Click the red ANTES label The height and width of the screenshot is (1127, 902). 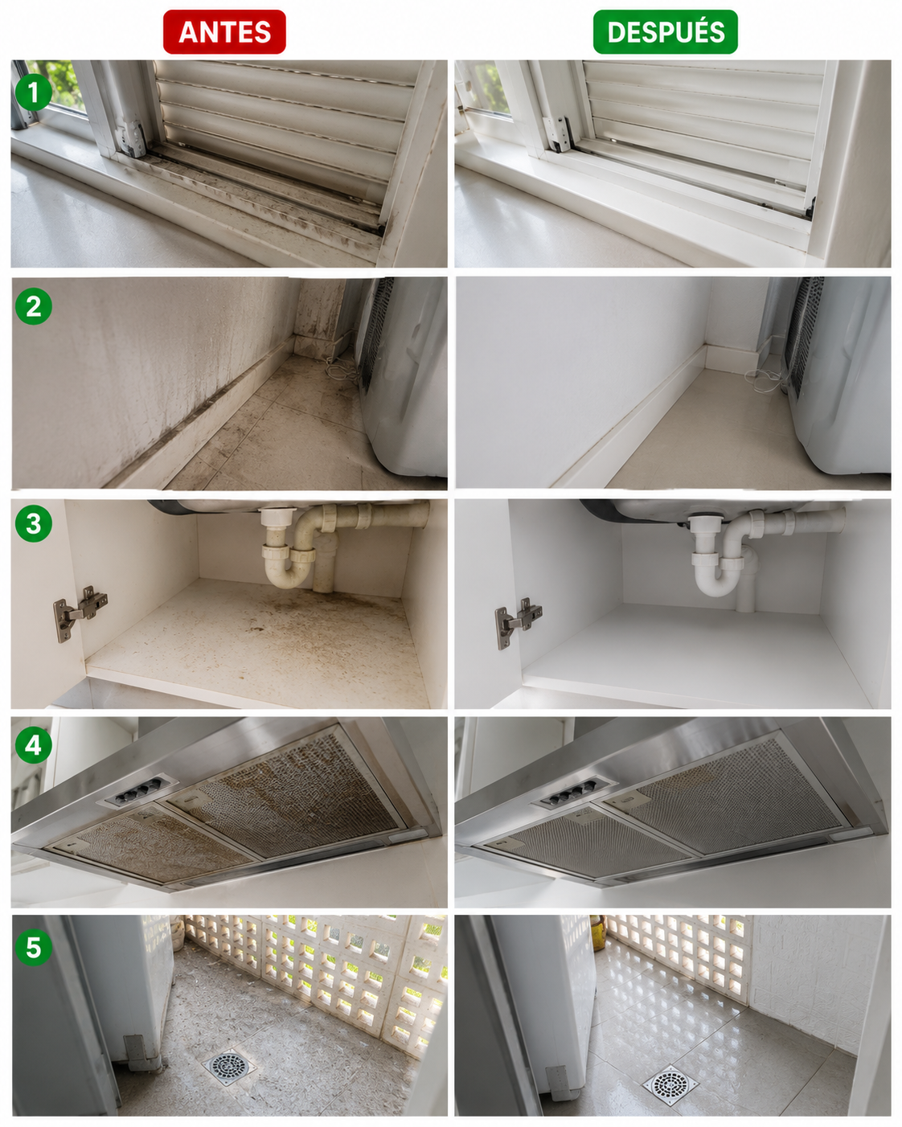(x=224, y=32)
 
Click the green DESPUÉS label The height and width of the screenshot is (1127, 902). (x=665, y=32)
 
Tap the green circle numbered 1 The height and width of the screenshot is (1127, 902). (x=34, y=92)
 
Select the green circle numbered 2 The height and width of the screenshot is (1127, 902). (x=34, y=306)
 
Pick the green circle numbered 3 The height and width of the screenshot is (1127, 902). (x=34, y=523)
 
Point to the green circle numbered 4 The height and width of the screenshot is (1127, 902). (x=34, y=744)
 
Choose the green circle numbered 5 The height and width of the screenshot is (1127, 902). (x=34, y=948)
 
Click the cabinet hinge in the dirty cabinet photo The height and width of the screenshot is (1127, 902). (x=80, y=613)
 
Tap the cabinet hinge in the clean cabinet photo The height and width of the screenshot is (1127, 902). (x=518, y=623)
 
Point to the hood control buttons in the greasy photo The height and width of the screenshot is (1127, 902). (x=138, y=791)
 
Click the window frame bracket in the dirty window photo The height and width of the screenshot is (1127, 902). (x=131, y=138)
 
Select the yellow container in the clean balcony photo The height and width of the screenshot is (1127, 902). (x=598, y=932)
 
